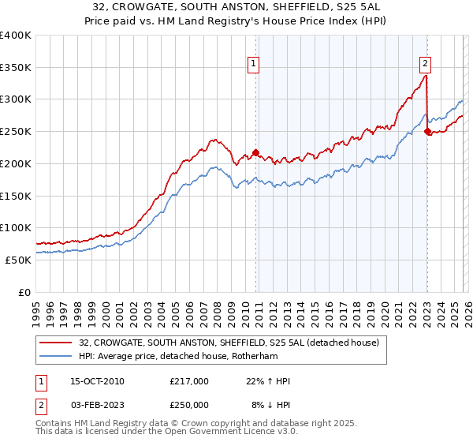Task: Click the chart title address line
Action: pyautogui.click(x=236, y=7)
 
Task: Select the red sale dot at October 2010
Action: pyautogui.click(x=256, y=152)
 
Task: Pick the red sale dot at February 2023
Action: pyautogui.click(x=427, y=132)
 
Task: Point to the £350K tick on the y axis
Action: pyautogui.click(x=16, y=68)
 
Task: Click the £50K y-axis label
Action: pyautogui.click(x=18, y=260)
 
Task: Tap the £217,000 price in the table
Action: pyautogui.click(x=189, y=381)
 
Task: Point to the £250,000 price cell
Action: pyautogui.click(x=189, y=404)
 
